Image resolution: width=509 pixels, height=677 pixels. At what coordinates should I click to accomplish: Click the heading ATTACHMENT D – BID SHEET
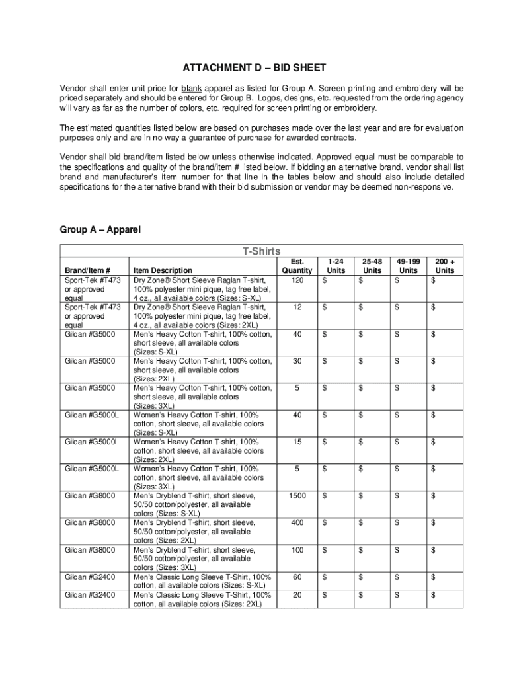[255, 68]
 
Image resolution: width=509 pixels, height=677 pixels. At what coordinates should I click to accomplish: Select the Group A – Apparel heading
[100, 230]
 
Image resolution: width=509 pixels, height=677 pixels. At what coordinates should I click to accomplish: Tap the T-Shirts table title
[261, 251]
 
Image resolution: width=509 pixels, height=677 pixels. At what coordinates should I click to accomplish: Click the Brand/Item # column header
[87, 270]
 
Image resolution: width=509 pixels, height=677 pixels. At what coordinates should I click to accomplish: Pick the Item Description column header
[163, 270]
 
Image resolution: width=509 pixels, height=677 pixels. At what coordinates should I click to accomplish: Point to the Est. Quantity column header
[297, 266]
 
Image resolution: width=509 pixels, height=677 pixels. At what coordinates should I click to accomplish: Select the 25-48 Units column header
[372, 266]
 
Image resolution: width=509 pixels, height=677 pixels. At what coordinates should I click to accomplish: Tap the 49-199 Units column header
[409, 266]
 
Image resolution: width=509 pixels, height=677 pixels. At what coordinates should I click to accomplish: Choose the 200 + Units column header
[445, 266]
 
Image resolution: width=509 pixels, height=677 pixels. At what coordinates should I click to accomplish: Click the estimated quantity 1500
[297, 495]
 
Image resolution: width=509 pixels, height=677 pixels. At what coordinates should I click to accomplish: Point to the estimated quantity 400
[297, 522]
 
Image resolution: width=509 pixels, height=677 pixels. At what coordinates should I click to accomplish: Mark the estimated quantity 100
[297, 549]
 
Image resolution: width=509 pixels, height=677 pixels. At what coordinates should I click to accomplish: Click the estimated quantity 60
[297, 577]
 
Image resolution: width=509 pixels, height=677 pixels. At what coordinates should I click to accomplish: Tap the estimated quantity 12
[297, 307]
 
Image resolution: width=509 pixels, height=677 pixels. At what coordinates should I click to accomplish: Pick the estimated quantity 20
[297, 595]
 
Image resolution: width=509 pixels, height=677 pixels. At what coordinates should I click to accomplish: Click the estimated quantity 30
[297, 360]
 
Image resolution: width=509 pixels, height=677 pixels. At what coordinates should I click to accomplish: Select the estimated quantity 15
[297, 441]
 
